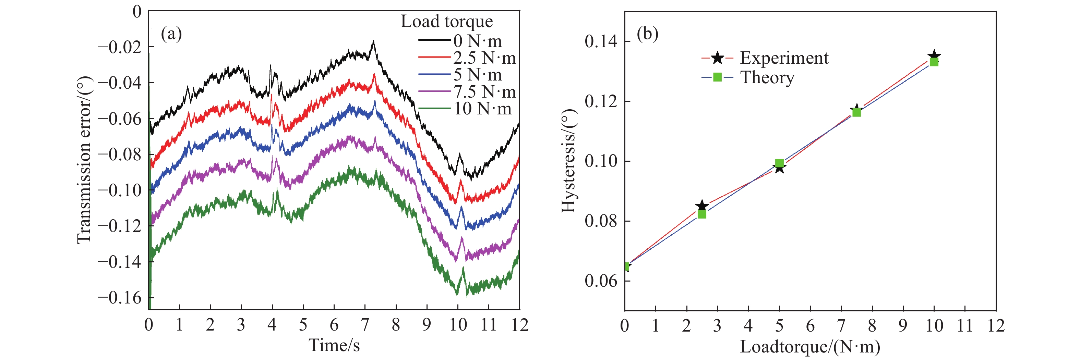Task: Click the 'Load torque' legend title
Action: point(446,21)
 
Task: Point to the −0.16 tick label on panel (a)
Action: point(120,298)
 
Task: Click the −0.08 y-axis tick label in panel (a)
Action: point(120,154)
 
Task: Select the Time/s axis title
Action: point(334,345)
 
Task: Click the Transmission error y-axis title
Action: point(84,159)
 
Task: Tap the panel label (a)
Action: point(171,34)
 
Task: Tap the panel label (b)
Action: point(647,34)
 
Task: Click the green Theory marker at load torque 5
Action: point(779,163)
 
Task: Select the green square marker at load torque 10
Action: point(934,62)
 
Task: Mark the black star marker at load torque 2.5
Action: point(702,206)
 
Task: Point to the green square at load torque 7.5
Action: point(856,112)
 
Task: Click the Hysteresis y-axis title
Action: point(569,161)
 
